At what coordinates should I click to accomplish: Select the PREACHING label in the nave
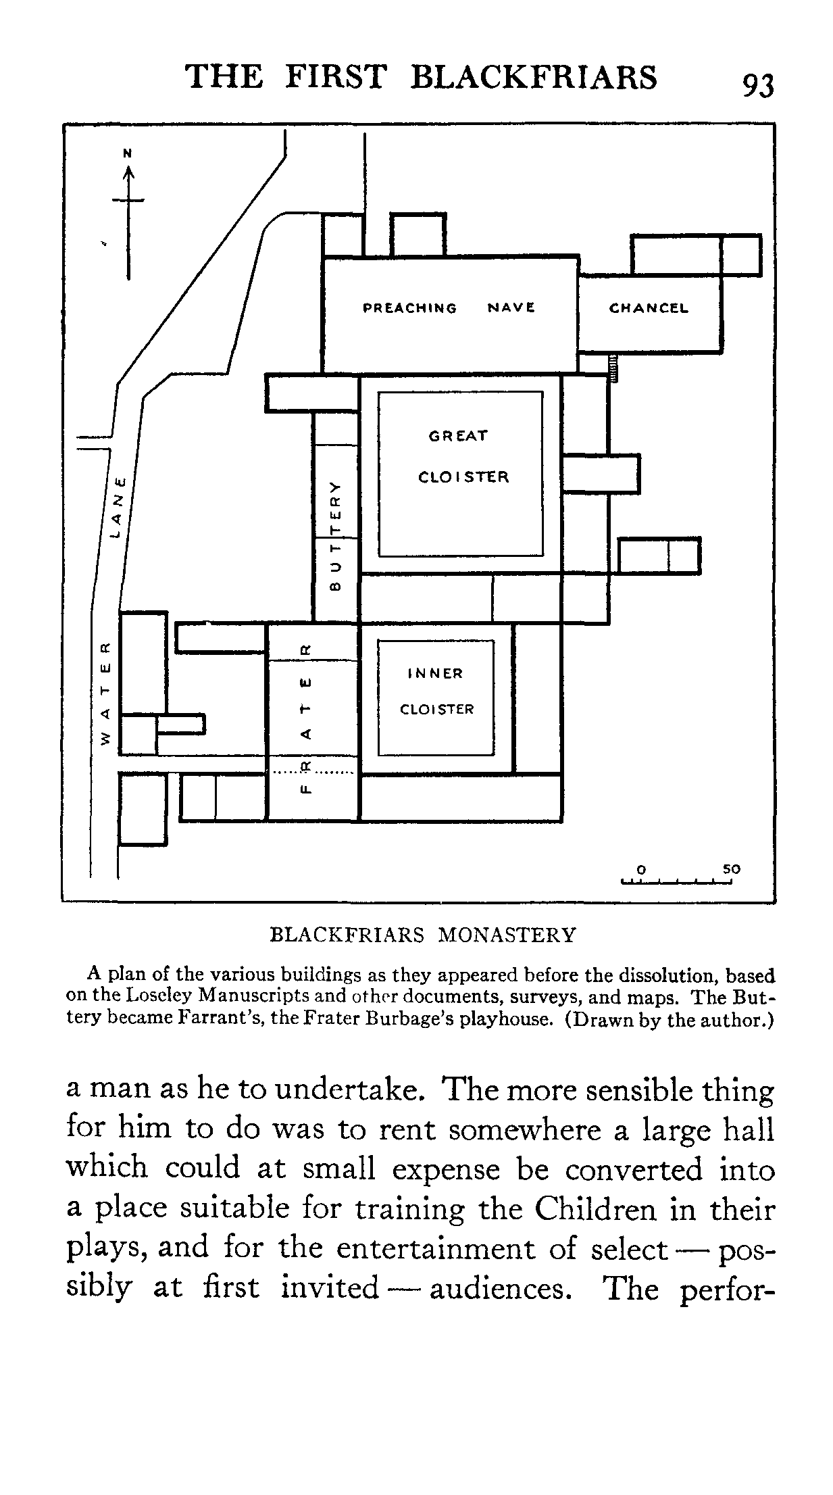409,308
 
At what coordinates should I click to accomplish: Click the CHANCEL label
649,308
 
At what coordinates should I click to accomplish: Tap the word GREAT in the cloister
457,436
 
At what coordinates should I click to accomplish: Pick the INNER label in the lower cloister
436,674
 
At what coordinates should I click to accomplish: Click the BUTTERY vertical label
334,535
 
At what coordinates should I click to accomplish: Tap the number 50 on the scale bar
731,869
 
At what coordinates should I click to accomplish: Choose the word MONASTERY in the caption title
507,935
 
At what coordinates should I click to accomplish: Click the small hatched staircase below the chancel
613,369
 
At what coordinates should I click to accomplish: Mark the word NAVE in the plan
511,308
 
